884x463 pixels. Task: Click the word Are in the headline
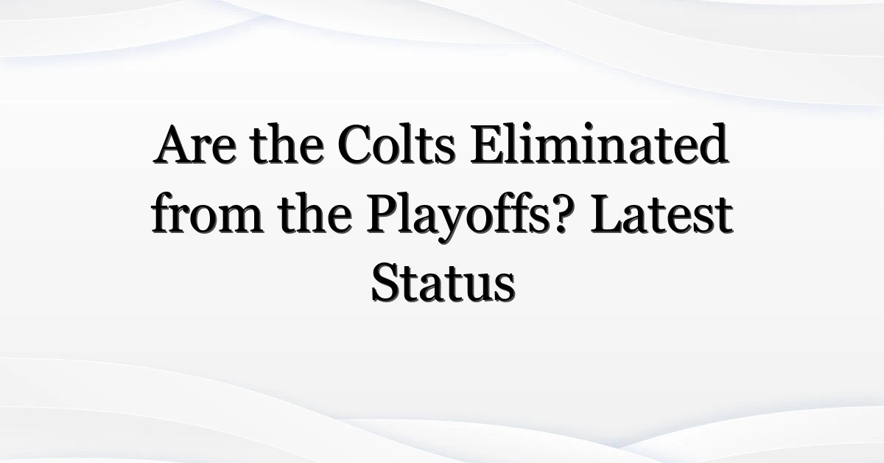tap(195, 145)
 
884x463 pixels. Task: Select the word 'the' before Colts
tap(287, 144)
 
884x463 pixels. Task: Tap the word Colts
tap(396, 145)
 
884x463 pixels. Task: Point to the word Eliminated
tap(599, 144)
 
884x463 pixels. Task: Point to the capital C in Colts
tap(355, 145)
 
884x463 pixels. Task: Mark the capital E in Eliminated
tap(488, 145)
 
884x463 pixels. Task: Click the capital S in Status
tap(385, 283)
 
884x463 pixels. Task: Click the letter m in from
tap(239, 220)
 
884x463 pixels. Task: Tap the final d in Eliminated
tap(712, 144)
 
